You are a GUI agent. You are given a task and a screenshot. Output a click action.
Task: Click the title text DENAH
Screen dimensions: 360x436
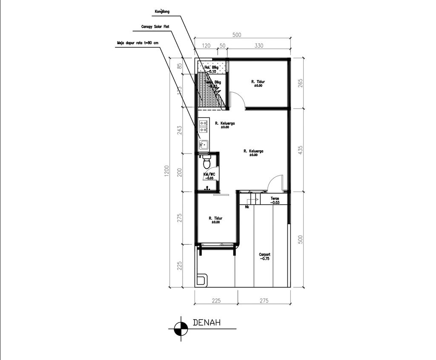(207, 323)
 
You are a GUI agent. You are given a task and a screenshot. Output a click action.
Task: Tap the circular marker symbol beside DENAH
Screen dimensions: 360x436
(181, 328)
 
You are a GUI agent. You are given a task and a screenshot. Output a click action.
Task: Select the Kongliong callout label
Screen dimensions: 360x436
(162, 11)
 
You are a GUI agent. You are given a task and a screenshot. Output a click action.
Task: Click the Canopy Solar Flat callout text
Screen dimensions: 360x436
(155, 26)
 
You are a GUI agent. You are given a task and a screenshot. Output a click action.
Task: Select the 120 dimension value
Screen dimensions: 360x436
(206, 46)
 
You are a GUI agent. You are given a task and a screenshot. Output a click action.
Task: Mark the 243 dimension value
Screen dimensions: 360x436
(179, 130)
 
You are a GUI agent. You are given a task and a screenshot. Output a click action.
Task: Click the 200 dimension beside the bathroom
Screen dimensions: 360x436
(179, 172)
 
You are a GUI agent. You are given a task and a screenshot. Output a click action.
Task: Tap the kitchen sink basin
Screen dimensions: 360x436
(204, 144)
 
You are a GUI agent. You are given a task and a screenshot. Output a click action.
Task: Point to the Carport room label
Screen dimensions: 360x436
(264, 256)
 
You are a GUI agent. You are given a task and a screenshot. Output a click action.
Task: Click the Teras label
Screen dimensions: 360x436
(275, 200)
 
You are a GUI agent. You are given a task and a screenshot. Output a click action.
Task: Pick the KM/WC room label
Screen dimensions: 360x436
(209, 176)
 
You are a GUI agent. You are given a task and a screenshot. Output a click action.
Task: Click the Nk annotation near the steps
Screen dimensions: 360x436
(247, 207)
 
